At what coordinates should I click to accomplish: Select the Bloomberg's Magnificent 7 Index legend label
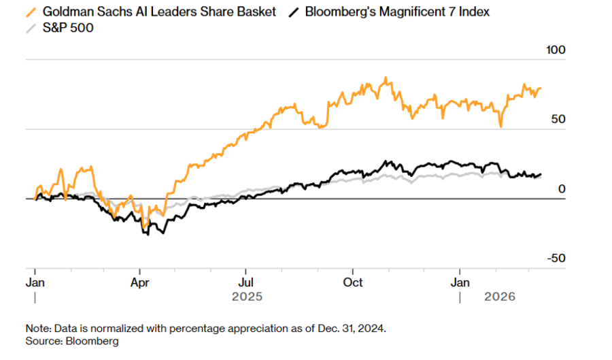398,12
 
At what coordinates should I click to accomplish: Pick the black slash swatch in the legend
294,12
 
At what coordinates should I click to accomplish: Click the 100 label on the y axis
556,50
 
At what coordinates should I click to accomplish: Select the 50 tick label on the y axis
558,119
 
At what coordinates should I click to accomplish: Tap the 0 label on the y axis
562,189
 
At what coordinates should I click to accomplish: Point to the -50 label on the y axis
556,258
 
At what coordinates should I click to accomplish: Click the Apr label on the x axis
139,282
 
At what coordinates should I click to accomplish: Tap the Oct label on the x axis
353,282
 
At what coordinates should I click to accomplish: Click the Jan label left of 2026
460,282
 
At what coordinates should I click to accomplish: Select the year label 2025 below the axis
247,297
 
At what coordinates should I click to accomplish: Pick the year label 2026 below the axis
499,297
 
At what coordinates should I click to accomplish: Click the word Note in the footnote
37,328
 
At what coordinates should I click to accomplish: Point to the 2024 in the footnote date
373,328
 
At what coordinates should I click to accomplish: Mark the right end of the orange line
541,88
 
